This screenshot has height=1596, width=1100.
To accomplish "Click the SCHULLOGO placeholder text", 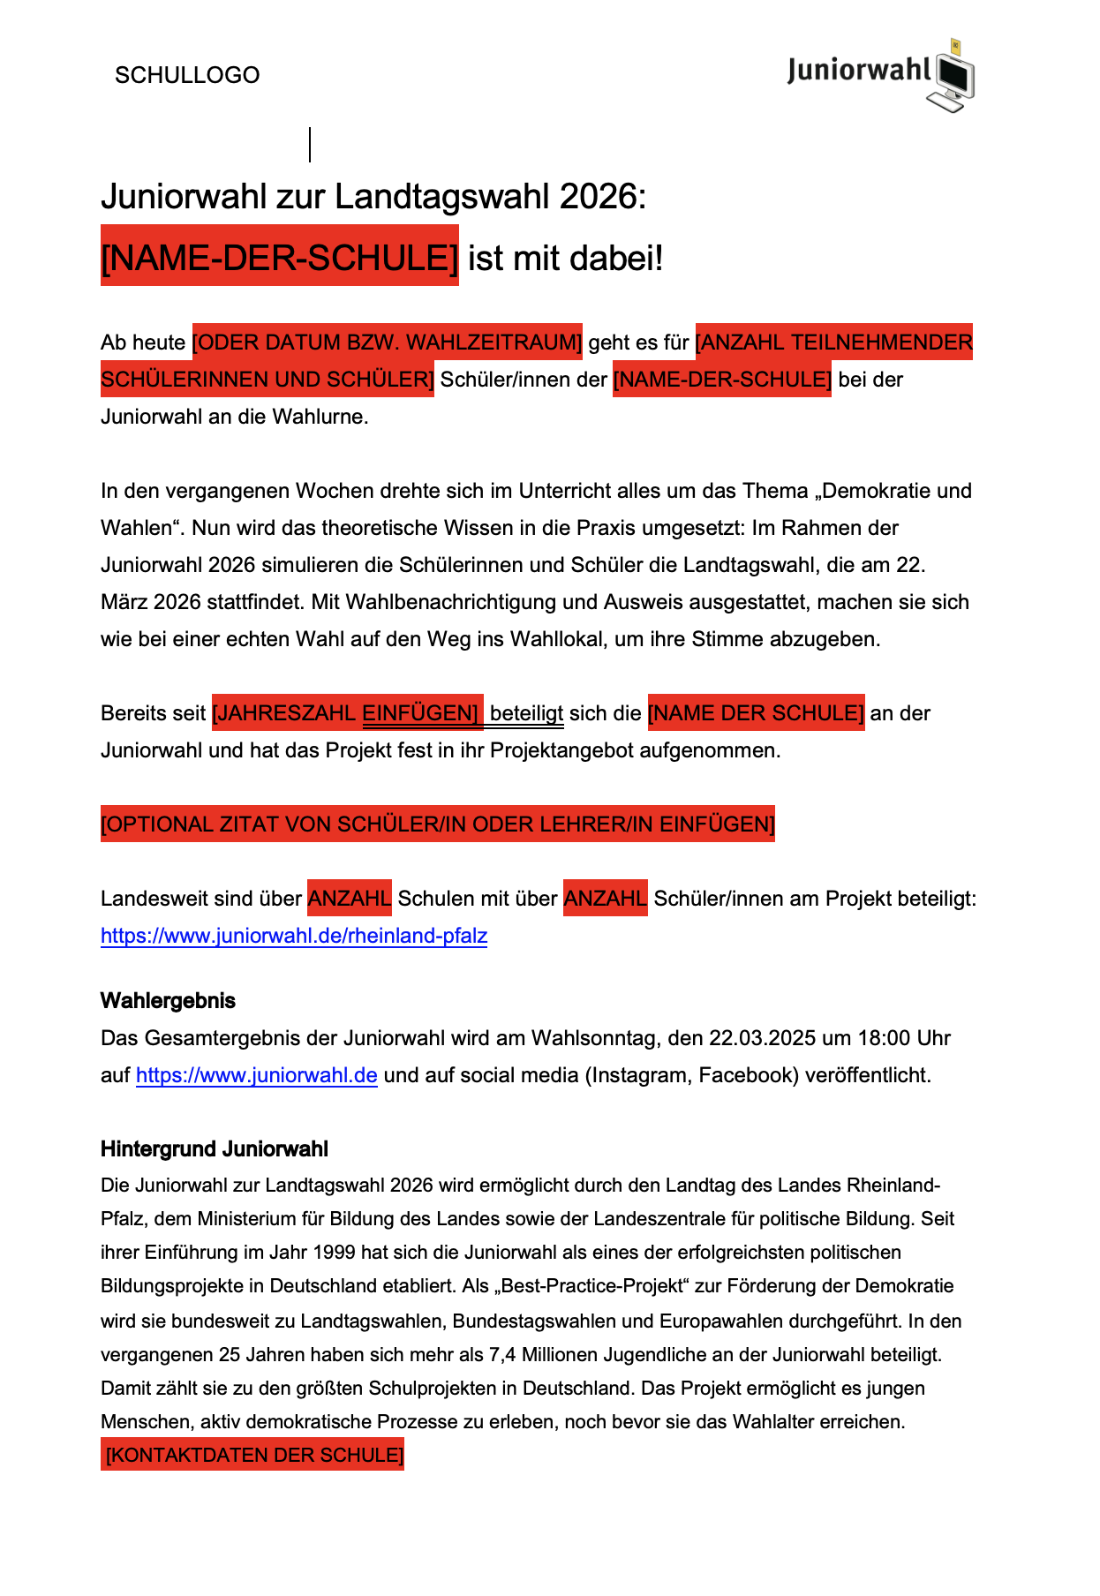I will click(x=187, y=75).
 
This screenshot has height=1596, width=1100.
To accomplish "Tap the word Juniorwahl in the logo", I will click(x=859, y=70).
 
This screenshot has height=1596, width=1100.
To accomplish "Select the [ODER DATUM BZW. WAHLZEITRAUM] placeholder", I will click(x=388, y=343).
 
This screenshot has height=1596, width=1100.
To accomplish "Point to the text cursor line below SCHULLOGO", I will click(x=310, y=145).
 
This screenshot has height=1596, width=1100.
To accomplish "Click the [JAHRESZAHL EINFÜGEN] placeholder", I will click(x=347, y=713).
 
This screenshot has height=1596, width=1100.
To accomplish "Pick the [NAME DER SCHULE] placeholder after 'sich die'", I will click(x=756, y=713).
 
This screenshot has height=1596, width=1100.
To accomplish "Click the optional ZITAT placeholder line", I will click(x=438, y=824).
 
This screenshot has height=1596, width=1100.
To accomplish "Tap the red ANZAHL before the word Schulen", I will click(x=350, y=899).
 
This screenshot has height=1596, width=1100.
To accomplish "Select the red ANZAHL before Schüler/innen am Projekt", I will click(x=606, y=899).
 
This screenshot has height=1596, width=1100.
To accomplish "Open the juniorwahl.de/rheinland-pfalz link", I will click(x=294, y=936).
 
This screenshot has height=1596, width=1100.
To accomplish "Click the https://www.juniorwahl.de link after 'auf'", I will click(x=257, y=1075).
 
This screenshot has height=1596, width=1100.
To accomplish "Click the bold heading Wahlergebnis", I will click(x=168, y=1001).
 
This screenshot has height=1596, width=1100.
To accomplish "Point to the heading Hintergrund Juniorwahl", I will click(x=215, y=1149).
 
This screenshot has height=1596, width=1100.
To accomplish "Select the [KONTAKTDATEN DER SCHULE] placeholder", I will click(x=253, y=1455).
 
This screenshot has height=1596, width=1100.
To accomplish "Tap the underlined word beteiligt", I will click(x=526, y=713).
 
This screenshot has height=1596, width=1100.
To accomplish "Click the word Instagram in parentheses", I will click(x=639, y=1075).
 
